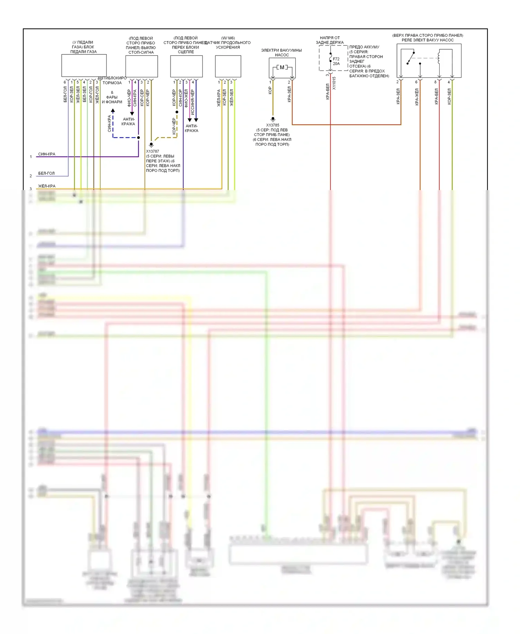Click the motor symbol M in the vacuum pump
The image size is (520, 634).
282,67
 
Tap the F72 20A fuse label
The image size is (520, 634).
336,61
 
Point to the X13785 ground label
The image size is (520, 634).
272,125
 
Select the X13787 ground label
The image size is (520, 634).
153,151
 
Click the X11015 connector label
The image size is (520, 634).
334,83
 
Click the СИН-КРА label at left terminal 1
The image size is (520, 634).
46,154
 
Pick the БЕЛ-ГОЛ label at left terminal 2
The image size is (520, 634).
46,173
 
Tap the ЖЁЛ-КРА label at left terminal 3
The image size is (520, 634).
46,186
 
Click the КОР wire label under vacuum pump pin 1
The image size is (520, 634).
270,91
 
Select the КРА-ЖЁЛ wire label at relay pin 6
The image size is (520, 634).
417,97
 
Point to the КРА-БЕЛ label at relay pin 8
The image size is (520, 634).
436,96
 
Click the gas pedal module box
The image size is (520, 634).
84,66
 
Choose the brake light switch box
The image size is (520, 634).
141,66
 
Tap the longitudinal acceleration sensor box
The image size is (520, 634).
228,66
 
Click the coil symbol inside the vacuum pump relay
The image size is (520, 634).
439,58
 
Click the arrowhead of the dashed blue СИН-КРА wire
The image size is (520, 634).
113,111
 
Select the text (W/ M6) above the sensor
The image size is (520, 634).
228,38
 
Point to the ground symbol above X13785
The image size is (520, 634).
273,119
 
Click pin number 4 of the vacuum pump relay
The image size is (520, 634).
449,82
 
